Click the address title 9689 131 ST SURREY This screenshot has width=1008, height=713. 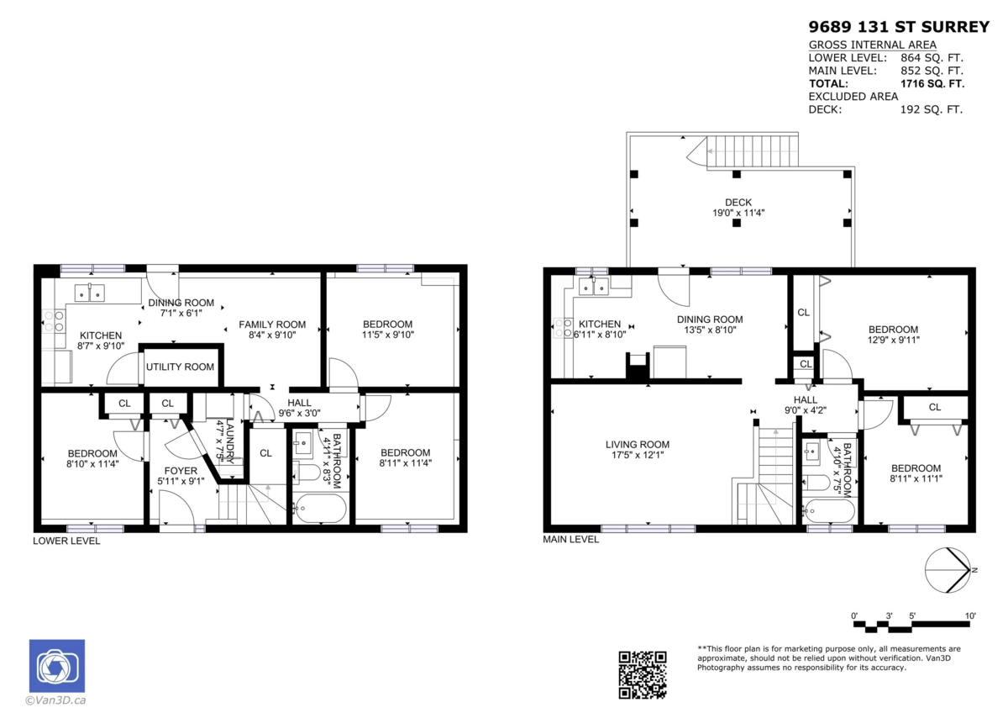click(899, 27)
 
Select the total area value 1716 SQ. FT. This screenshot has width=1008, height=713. click(932, 83)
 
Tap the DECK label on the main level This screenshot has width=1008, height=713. click(738, 202)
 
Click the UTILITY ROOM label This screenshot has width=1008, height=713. click(181, 367)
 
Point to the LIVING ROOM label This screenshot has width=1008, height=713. click(638, 445)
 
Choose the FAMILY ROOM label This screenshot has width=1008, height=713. click(272, 325)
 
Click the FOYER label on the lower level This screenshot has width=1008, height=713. click(181, 470)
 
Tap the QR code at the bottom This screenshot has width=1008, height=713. click(643, 674)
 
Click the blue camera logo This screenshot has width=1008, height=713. click(57, 666)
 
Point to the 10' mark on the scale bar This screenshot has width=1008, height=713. click(970, 616)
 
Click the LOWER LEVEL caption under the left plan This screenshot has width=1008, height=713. click(66, 541)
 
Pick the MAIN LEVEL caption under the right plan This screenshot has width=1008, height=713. click(571, 539)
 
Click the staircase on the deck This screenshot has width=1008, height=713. click(751, 152)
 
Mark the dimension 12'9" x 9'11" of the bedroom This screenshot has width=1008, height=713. click(893, 341)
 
